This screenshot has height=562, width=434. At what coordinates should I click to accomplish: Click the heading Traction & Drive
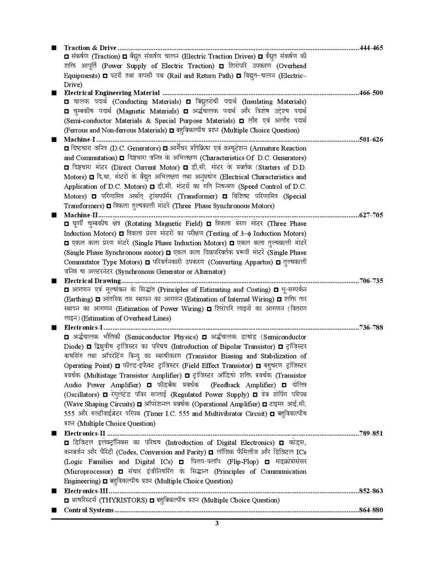click(x=90, y=48)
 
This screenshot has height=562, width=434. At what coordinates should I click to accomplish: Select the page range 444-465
click(x=371, y=48)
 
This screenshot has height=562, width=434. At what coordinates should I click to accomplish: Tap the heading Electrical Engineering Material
click(x=112, y=92)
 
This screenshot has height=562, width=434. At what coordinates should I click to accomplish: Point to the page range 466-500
click(x=371, y=92)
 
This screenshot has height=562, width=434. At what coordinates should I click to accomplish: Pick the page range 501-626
click(x=371, y=139)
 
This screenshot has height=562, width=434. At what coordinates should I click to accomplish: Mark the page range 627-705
click(x=371, y=215)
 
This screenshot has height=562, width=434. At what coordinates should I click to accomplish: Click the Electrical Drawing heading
click(x=92, y=281)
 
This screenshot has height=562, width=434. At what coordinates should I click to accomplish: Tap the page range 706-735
click(x=371, y=281)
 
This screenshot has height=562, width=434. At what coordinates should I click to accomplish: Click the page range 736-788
click(x=371, y=327)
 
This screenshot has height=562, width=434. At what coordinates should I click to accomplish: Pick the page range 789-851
click(x=371, y=433)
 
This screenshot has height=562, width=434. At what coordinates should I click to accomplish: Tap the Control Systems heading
click(x=89, y=510)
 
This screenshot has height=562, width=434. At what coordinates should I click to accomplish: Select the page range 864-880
click(x=371, y=510)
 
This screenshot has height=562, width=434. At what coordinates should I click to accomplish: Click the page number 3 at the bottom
click(x=217, y=524)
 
